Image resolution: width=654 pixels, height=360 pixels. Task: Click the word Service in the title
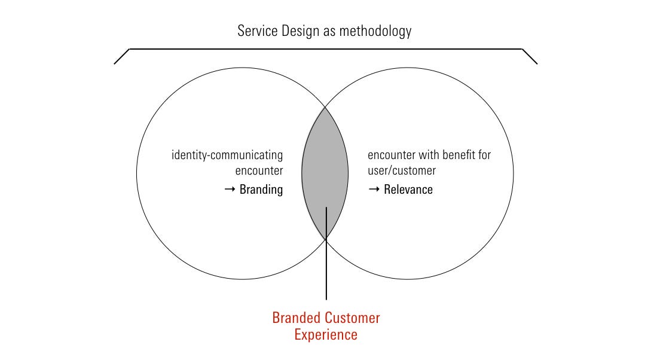click(257, 31)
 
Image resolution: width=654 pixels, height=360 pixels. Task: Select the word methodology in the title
click(375, 32)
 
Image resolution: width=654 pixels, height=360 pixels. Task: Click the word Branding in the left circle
click(261, 190)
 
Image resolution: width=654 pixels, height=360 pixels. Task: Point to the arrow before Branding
click(230, 190)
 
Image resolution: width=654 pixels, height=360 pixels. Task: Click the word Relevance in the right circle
click(408, 190)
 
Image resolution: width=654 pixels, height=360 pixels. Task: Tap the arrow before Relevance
click(374, 190)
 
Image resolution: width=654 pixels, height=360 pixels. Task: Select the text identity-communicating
click(227, 155)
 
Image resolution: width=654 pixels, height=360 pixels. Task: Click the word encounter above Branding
click(259, 170)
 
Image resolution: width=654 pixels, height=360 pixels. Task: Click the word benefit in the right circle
click(459, 155)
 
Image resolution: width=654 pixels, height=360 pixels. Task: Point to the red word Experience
click(326, 335)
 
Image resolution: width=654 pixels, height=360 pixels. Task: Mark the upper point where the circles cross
click(325, 107)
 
